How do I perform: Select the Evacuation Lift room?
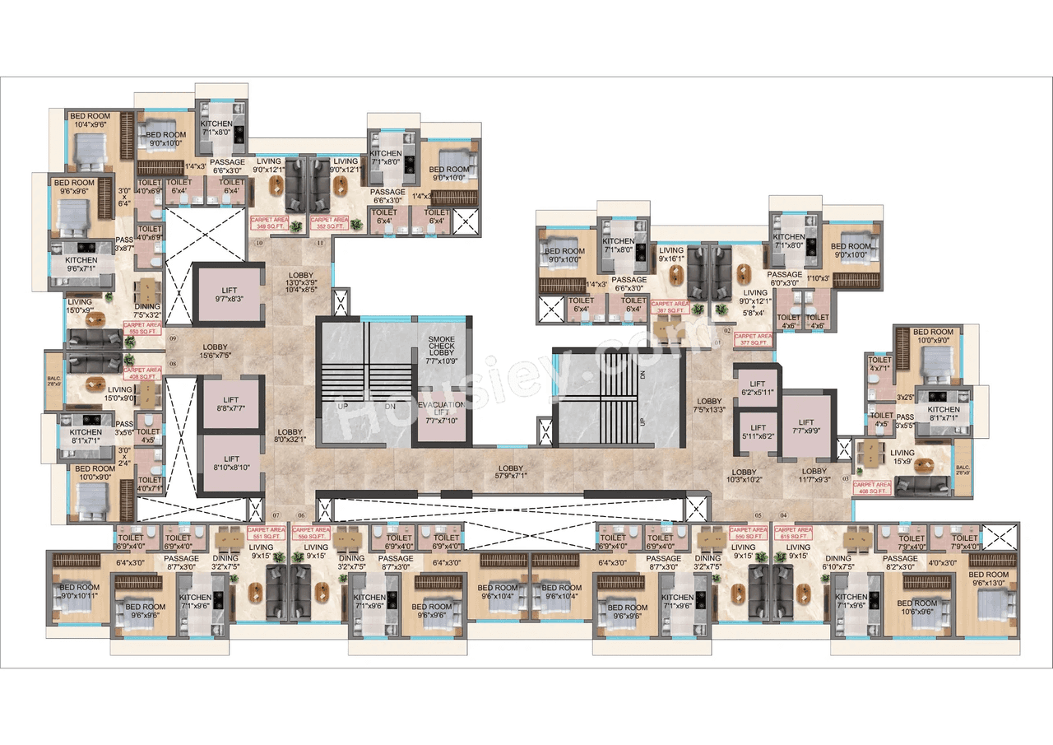click(x=442, y=410)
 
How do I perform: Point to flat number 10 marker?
click(x=259, y=244)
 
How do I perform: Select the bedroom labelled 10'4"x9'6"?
click(x=88, y=121)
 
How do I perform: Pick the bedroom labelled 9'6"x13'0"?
click(x=988, y=579)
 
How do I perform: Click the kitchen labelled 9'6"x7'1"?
click(x=81, y=264)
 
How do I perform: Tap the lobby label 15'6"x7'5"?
click(x=215, y=352)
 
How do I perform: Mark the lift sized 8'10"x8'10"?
click(x=231, y=463)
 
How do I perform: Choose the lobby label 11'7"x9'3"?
click(x=814, y=475)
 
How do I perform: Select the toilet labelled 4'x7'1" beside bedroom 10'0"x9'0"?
click(x=879, y=365)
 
